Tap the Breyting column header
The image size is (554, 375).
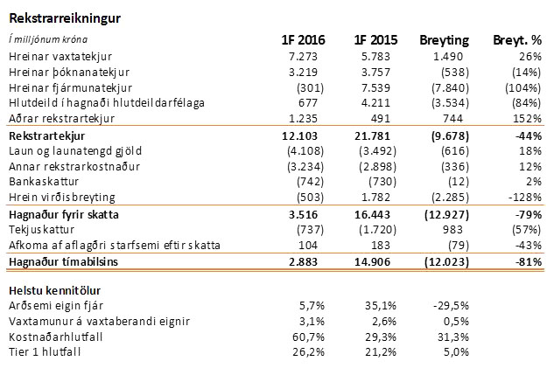pyautogui.click(x=445, y=40)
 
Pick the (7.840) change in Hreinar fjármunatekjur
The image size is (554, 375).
pyautogui.click(x=451, y=88)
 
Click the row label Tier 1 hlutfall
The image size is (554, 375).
pyautogui.click(x=44, y=351)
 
